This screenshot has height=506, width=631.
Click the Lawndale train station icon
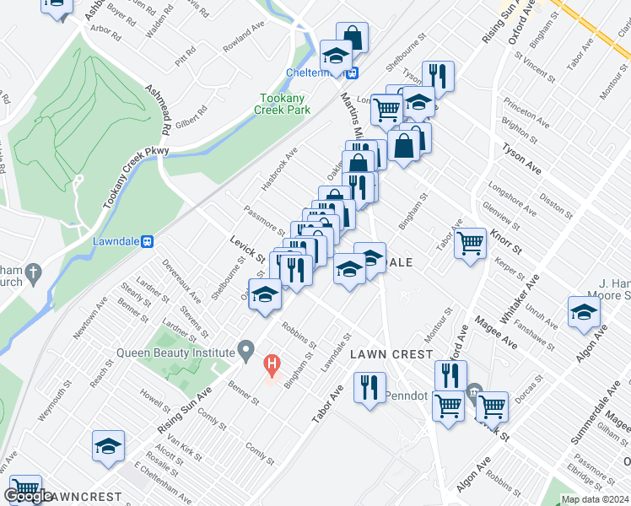[x=148, y=241]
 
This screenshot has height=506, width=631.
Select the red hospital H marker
[x=272, y=364]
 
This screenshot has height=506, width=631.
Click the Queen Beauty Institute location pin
[x=245, y=348]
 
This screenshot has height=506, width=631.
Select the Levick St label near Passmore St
[x=249, y=248]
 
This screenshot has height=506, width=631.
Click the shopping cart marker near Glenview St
[x=471, y=244]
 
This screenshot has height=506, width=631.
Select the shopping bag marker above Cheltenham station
[x=353, y=36]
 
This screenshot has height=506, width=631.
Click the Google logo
[x=29, y=496]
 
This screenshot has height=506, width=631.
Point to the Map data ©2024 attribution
[x=595, y=499]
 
